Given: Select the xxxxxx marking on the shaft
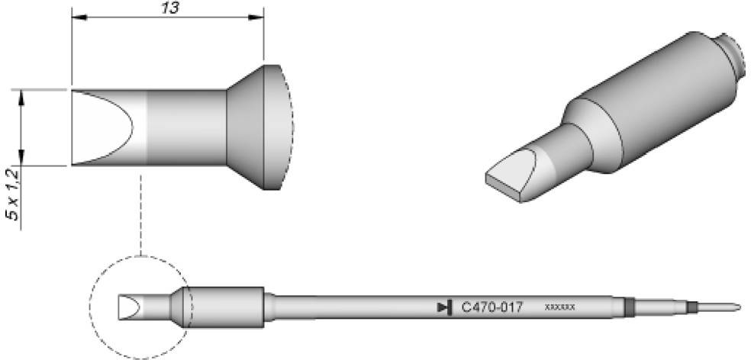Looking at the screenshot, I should tap(559, 307).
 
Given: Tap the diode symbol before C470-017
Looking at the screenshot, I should tap(443, 307).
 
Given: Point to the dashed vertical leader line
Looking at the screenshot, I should tap(141, 214).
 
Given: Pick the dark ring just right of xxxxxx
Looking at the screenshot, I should tap(629, 307).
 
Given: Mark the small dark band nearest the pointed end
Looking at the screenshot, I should tap(691, 307).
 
